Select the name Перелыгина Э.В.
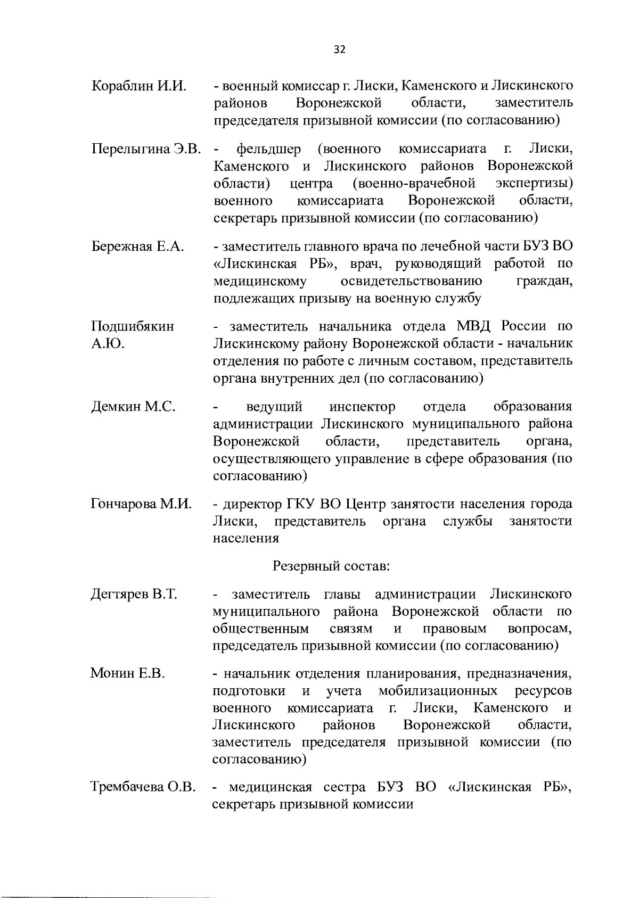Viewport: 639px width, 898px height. click(146, 149)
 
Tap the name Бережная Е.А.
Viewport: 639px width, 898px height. click(138, 246)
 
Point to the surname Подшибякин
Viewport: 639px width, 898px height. click(133, 326)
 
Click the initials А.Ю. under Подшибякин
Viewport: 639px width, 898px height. click(108, 344)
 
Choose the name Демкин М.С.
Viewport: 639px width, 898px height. click(133, 407)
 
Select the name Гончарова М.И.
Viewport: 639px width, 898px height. click(141, 504)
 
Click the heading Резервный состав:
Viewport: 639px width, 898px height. click(332, 566)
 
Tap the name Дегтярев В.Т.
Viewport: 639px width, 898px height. click(134, 594)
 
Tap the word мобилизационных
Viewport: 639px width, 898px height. click(438, 691)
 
